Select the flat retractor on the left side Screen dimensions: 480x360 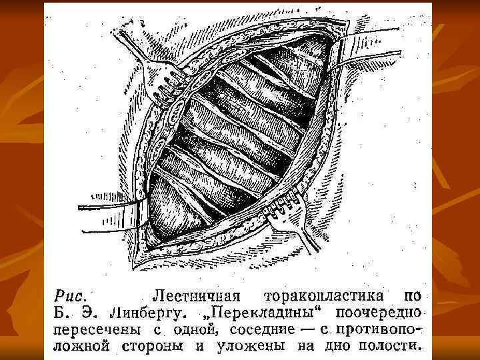(x=113, y=203)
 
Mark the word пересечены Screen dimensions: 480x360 (x=93, y=329)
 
